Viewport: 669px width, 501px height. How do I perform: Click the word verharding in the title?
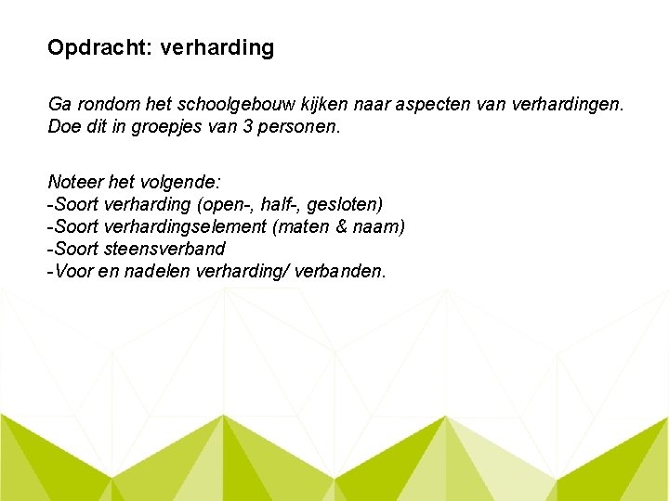217,47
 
